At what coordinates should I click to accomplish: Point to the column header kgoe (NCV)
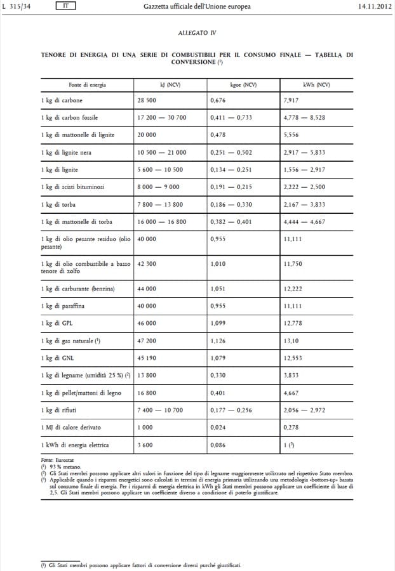tap(243, 84)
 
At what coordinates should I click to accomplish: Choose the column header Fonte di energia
tap(88, 84)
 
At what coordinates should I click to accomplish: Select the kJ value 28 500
tap(147, 100)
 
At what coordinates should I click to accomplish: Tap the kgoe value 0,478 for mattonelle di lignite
tap(218, 135)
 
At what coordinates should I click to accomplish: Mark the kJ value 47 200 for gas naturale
tap(147, 341)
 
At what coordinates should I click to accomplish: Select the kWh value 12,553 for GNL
tap(293, 358)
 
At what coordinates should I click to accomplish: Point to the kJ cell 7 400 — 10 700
tap(160, 410)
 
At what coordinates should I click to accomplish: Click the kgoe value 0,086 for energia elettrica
tap(218, 445)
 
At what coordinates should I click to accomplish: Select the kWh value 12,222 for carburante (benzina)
tap(293, 289)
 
